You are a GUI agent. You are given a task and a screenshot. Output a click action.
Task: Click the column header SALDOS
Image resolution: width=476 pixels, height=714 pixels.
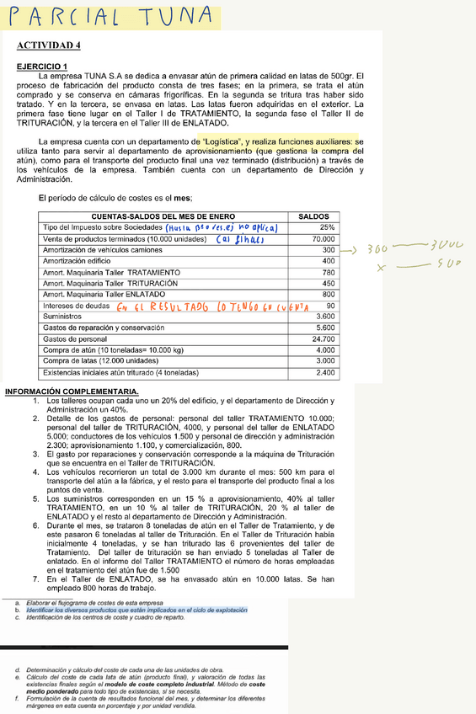[313, 217]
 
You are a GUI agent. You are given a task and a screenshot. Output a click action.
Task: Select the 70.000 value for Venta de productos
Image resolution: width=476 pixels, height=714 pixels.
[323, 239]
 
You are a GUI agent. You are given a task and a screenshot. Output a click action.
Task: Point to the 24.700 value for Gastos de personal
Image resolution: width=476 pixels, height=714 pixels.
[323, 338]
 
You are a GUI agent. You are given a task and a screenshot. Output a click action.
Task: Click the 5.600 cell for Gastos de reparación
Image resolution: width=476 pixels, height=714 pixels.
[325, 328]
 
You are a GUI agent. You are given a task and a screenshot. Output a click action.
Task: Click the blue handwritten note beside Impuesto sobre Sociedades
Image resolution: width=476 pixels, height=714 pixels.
[220, 228]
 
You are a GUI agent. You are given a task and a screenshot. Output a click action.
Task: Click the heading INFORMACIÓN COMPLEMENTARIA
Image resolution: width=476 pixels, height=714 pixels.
[72, 392]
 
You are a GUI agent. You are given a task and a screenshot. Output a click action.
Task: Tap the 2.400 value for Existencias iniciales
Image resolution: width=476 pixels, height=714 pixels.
[325, 371]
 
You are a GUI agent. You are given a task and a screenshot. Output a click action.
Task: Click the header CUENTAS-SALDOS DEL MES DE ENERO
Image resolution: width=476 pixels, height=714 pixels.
[163, 217]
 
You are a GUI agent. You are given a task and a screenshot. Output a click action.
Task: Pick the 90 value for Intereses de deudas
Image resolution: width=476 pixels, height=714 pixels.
[329, 306]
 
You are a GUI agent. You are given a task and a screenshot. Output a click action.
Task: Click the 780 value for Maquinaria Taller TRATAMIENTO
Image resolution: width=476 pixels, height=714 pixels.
[328, 273]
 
